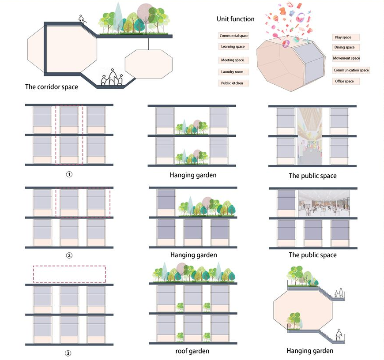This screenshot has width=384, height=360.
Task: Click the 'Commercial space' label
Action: pos(234,36)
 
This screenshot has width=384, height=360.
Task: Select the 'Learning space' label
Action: pos(233,47)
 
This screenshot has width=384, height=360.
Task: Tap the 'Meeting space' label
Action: pos(233,60)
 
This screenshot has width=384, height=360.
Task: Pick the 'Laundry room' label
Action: pos(233,72)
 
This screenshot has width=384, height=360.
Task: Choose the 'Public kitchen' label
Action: pos(233,83)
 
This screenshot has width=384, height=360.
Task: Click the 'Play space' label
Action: pos(343,37)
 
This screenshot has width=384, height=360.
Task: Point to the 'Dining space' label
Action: pos(344,47)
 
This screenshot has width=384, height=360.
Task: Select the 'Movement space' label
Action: pos(346,58)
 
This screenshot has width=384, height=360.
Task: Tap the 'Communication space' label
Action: pos(351,70)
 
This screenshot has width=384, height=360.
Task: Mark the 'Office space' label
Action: pos(344,81)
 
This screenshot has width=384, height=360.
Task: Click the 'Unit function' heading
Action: pos(235,19)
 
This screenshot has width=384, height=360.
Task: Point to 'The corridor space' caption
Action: pos(51,87)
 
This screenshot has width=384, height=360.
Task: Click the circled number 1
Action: pos(69,174)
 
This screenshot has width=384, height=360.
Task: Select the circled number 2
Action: pos(69,255)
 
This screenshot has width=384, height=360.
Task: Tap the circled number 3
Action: pos(68,353)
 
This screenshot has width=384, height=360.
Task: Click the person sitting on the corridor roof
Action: pos(81,19)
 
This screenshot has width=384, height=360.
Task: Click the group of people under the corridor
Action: pos(112,78)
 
